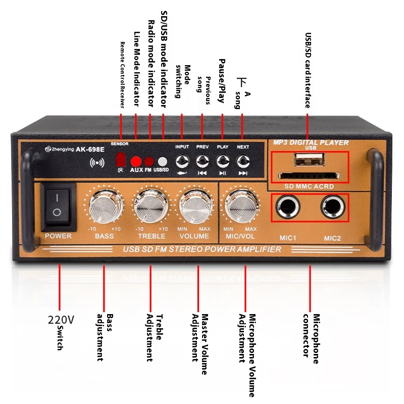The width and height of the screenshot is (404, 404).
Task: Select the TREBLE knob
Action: tap(150, 207)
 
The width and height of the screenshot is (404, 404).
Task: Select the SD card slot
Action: tap(309, 176)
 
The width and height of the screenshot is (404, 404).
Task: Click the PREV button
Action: tap(203, 161)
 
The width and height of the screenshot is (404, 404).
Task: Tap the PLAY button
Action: tap(223, 161)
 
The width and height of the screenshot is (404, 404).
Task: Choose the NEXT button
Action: tap(243, 161)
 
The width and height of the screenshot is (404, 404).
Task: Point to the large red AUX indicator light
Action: tap(136, 162)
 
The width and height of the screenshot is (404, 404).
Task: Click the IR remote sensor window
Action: tap(121, 160)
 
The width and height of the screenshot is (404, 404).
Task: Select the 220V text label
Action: tap(61, 320)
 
